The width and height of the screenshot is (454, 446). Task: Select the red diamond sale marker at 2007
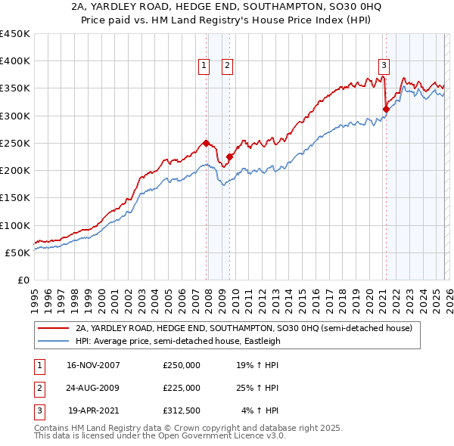pyautogui.click(x=207, y=143)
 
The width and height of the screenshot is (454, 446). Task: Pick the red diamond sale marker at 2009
pyautogui.click(x=229, y=156)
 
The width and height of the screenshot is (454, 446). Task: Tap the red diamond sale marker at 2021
pyautogui.click(x=386, y=109)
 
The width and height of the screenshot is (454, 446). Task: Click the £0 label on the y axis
pyautogui.click(x=23, y=280)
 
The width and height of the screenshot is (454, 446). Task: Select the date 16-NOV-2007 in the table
pyautogui.click(x=93, y=365)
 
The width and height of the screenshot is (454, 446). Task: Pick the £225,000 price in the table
pyautogui.click(x=181, y=388)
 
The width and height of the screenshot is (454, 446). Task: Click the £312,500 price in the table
pyautogui.click(x=181, y=410)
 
